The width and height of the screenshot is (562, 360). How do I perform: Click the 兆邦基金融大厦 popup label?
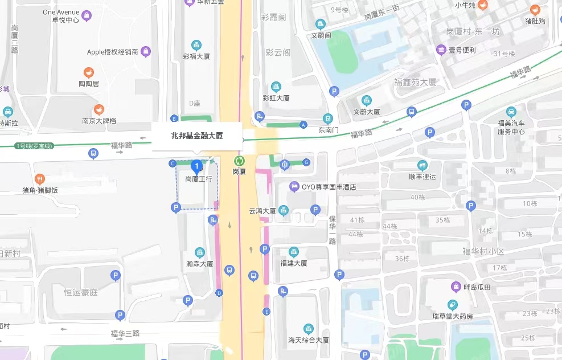click(197, 136)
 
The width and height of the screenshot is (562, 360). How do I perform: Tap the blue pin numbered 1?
click(197, 167)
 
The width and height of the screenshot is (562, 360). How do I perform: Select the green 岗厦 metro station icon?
click(239, 161)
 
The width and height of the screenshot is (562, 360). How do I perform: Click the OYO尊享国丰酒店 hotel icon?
click(294, 186)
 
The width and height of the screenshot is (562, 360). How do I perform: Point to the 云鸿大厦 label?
click(262, 211)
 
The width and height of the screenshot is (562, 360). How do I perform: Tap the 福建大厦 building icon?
click(293, 252)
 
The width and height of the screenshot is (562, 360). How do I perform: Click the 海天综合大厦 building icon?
click(308, 329)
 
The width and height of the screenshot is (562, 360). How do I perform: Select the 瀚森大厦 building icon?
click(199, 252)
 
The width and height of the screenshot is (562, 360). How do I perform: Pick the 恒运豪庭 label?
click(81, 292)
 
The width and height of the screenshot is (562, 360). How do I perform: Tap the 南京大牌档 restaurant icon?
click(99, 109)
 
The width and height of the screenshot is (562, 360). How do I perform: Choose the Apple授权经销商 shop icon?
click(146, 52)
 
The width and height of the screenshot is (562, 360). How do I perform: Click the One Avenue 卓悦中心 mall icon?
click(87, 15)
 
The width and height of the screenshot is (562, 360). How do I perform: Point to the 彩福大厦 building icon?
click(196, 45)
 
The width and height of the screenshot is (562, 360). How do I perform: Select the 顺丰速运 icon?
click(422, 165)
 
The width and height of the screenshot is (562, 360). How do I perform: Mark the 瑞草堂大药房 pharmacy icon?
click(453, 305)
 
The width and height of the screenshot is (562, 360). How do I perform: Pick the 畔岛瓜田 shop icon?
click(456, 287)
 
